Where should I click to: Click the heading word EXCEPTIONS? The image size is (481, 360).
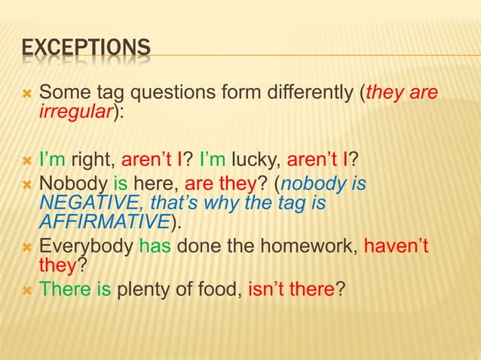[x=85, y=50]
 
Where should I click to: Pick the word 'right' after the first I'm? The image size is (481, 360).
[x=97, y=159]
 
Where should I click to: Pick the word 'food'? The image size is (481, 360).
[x=221, y=288]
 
